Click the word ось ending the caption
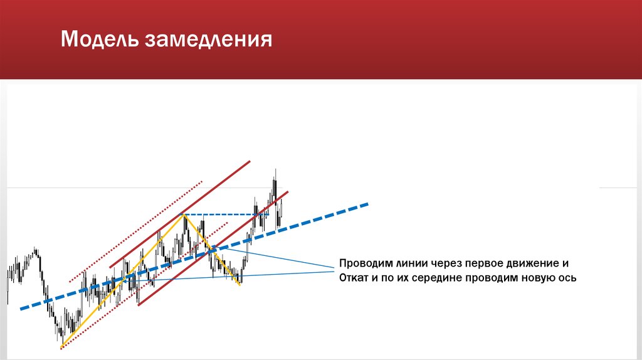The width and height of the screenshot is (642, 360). click(x=567, y=278)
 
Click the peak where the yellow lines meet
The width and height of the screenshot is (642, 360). click(x=184, y=215)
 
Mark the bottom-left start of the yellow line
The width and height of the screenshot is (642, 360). click(x=61, y=347)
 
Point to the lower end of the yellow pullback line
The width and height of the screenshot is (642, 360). click(x=239, y=285)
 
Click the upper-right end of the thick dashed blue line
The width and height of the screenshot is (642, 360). click(x=368, y=204)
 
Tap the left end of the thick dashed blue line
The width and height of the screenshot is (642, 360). click(x=21, y=309)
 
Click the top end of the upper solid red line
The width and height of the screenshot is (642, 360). click(x=250, y=161)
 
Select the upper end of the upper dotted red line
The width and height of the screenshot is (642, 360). click(x=202, y=182)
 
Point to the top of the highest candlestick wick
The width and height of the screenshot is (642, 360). click(x=275, y=169)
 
